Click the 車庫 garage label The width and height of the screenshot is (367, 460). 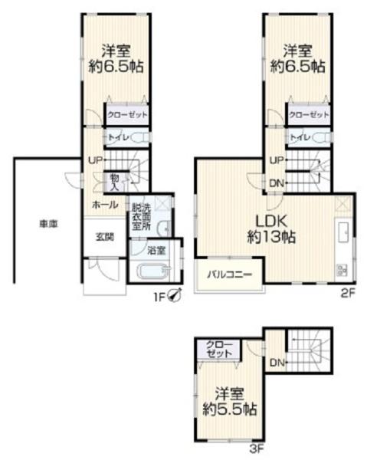pyautogui.click(x=49, y=224)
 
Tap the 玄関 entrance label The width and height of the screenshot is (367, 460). pyautogui.click(x=105, y=237)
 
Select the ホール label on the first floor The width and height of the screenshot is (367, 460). pyautogui.click(x=105, y=205)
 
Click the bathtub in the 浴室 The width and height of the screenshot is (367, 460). pyautogui.click(x=153, y=271)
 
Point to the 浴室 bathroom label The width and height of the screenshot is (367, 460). pyautogui.click(x=156, y=251)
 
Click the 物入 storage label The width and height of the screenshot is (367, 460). pyautogui.click(x=114, y=182)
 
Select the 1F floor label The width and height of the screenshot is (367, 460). pyautogui.click(x=161, y=297)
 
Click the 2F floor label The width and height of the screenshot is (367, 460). pyautogui.click(x=348, y=293)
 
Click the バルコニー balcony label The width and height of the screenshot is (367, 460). pyautogui.click(x=230, y=275)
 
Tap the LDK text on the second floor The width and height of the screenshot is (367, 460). pyautogui.click(x=271, y=221)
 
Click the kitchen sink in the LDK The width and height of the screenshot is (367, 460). pyautogui.click(x=343, y=232)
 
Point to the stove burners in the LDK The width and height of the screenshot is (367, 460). pyautogui.click(x=342, y=270)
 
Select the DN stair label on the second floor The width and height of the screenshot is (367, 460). pyautogui.click(x=277, y=183)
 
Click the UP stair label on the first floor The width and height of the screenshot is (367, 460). pyautogui.click(x=96, y=160)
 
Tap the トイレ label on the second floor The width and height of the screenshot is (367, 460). pyautogui.click(x=300, y=137)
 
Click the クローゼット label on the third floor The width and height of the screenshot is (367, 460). pyautogui.click(x=219, y=349)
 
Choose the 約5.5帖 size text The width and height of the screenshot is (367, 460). pyautogui.click(x=230, y=409)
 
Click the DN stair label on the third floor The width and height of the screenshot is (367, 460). pyautogui.click(x=277, y=363)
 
